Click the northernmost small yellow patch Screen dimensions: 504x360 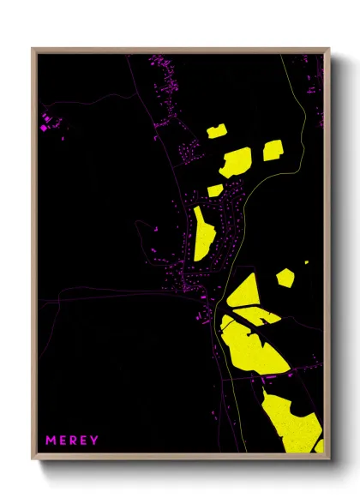click(x=214, y=131)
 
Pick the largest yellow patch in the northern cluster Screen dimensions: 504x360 click(x=235, y=161)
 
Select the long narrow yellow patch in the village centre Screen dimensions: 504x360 click(x=203, y=234)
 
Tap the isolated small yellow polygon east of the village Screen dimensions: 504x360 click(x=285, y=277)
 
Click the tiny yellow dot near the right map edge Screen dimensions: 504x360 click(x=306, y=261)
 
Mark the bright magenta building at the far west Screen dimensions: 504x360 click(x=44, y=128)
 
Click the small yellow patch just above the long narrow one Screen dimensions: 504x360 click(x=215, y=190)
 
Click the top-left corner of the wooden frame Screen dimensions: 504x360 click(x=33, y=50)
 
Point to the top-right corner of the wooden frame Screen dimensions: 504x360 click(x=328, y=50)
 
